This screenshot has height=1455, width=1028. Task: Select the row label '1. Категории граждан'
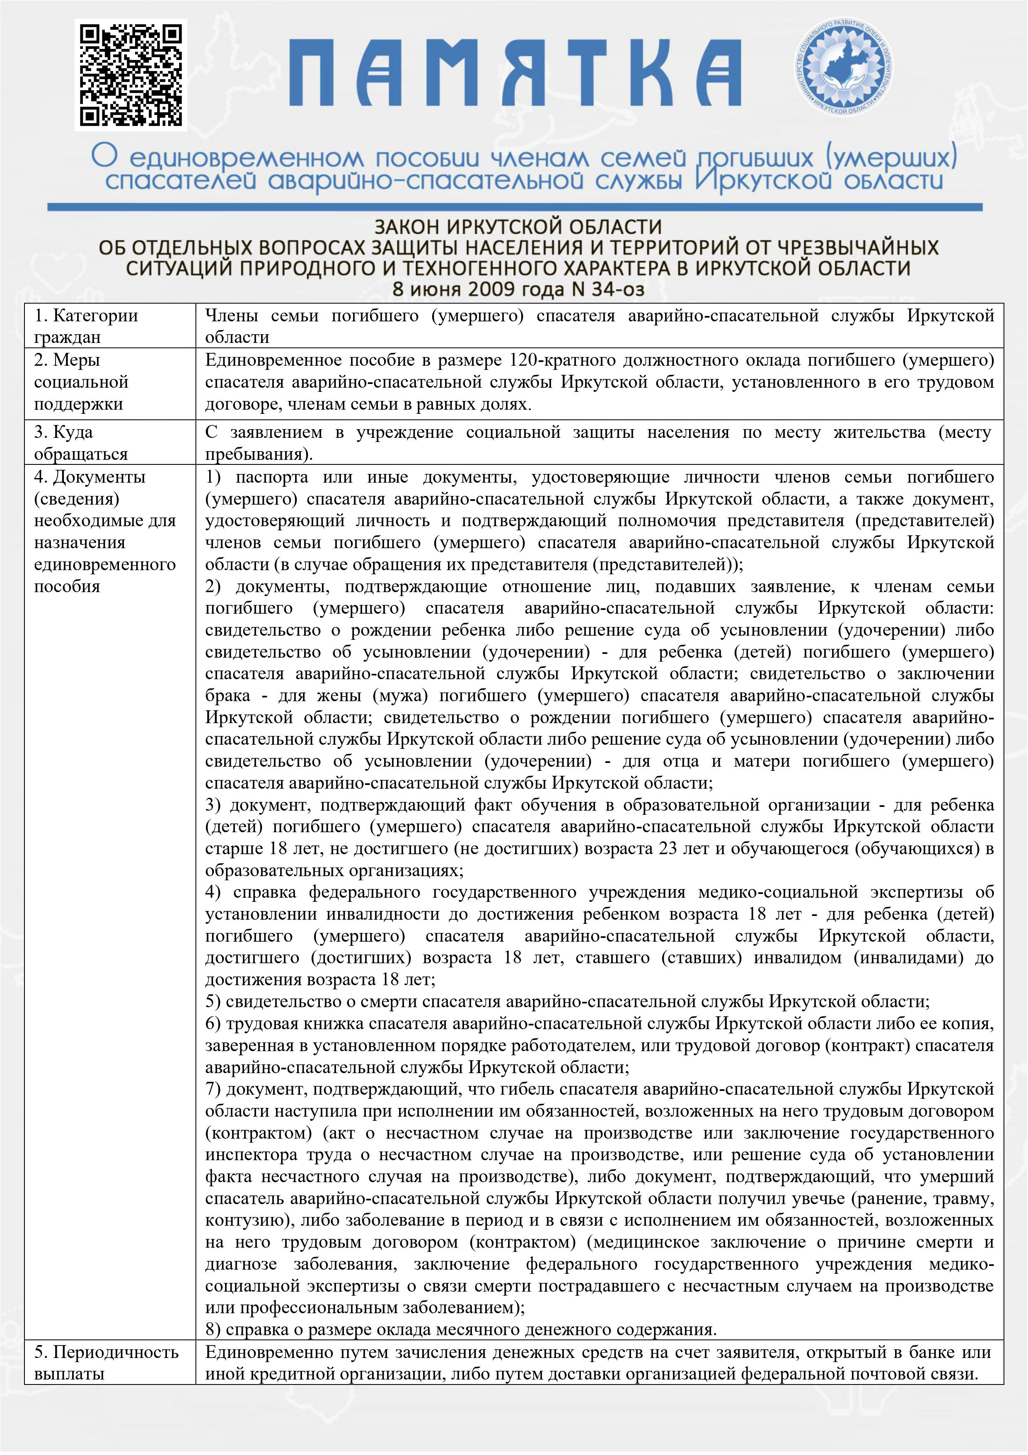pyautogui.click(x=86, y=326)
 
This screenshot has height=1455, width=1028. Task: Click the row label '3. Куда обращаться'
pyautogui.click(x=81, y=443)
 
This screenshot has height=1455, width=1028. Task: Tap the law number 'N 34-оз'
pyautogui.click(x=608, y=289)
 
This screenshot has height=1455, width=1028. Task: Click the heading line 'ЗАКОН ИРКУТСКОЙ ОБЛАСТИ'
pyautogui.click(x=518, y=227)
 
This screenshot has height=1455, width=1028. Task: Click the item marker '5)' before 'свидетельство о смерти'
pyautogui.click(x=213, y=1001)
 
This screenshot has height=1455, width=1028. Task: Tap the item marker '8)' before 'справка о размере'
pyautogui.click(x=213, y=1329)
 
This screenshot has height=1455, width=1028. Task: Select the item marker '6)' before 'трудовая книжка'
pyautogui.click(x=213, y=1023)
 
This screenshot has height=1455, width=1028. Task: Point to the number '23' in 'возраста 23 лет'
pyautogui.click(x=668, y=848)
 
